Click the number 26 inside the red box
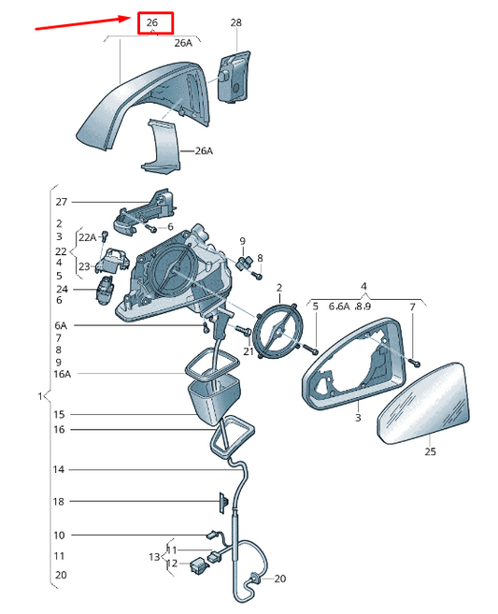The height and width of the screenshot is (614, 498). [x=152, y=22]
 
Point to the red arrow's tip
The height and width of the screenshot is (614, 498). [x=132, y=18]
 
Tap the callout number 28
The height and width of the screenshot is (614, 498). [x=235, y=22]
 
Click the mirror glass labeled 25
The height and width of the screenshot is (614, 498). [x=424, y=404]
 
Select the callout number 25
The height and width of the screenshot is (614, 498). [x=430, y=451]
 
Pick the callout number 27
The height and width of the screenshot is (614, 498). [x=62, y=202]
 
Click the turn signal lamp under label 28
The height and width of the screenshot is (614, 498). [x=234, y=77]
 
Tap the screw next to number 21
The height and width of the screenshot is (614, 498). [x=243, y=331]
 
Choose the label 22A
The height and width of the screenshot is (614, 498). [x=87, y=237]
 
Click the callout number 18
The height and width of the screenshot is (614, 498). [x=58, y=501]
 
